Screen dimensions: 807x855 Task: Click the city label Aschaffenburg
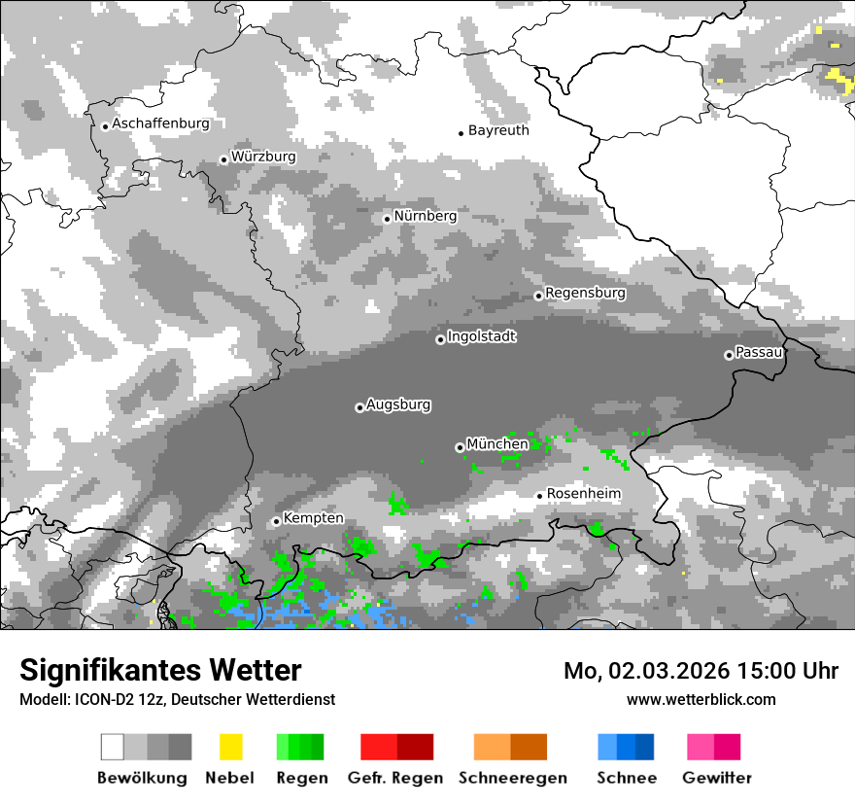[x=161, y=123]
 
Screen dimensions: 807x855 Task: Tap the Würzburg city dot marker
[x=223, y=159]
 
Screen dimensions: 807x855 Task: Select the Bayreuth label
[x=498, y=130]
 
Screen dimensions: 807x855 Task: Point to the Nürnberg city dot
[x=387, y=219]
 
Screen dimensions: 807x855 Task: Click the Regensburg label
[x=585, y=293]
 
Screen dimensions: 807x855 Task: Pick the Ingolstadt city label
[x=482, y=336]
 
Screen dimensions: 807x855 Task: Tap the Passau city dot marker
[x=729, y=355]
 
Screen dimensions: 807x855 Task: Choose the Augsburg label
[x=398, y=404]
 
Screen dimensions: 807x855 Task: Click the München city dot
[x=460, y=447]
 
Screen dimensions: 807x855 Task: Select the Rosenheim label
[x=583, y=494]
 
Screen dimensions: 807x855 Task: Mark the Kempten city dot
[x=276, y=521]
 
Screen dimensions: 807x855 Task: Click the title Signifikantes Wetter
[x=160, y=670]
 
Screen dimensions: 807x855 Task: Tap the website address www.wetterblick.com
[x=701, y=699]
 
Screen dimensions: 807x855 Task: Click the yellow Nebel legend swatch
[x=230, y=747]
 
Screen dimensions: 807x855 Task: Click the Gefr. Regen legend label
[x=395, y=778]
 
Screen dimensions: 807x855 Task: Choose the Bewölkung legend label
[x=142, y=778]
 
